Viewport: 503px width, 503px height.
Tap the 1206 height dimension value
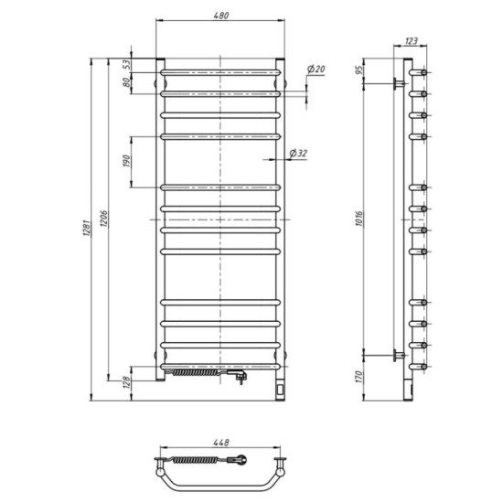pos(105,217)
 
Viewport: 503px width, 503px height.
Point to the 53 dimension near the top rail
pos(127,63)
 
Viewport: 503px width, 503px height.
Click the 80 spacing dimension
pos(127,83)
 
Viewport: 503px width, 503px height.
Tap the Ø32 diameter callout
pos(297,154)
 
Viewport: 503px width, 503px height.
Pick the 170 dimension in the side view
pos(360,376)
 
